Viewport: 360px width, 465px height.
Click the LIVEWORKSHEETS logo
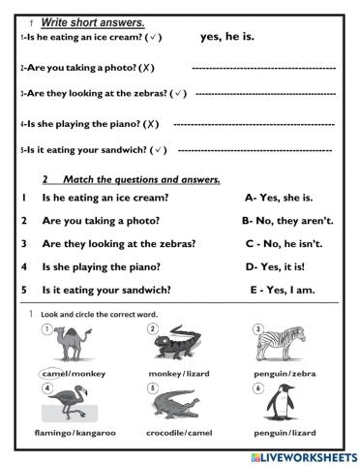pos(301,454)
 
